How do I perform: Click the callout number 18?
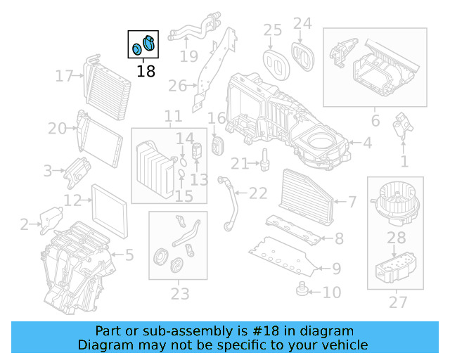tap(146, 70)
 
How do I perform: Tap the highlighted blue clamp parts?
tap(143, 45)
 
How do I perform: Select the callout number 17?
tap(65, 75)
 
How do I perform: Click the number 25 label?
tap(272, 30)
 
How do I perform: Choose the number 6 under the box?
tap(375, 121)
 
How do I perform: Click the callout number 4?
tap(367, 143)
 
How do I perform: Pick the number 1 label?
tap(404, 162)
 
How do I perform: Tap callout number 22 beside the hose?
tap(258, 193)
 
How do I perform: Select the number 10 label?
tap(331, 291)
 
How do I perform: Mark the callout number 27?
tap(398, 302)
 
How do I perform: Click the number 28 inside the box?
tap(397, 240)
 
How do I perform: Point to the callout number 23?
tap(180, 292)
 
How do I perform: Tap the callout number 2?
tap(24, 225)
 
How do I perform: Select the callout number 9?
tap(336, 268)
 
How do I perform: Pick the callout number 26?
tap(177, 86)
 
